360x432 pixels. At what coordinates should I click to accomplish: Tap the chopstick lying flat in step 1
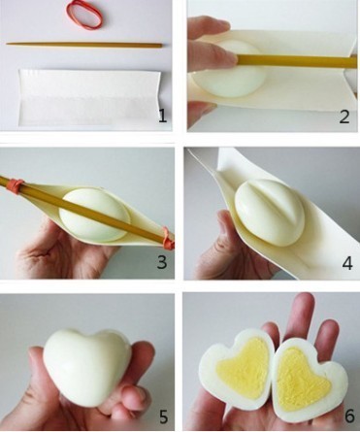click(x=84, y=45)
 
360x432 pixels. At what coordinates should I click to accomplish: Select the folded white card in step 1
click(x=89, y=97)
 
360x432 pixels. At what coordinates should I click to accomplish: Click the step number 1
click(x=163, y=116)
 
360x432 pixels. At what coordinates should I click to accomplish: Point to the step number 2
click(x=344, y=116)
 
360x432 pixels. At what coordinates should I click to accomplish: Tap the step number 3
click(x=162, y=262)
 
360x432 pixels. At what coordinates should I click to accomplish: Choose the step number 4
click(x=347, y=263)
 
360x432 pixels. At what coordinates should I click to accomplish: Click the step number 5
click(x=163, y=416)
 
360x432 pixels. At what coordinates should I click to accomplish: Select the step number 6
click(x=349, y=416)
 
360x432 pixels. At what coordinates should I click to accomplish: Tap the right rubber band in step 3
click(x=168, y=238)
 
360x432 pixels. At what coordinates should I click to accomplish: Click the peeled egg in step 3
click(x=94, y=216)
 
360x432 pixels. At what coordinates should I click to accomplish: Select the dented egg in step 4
click(x=269, y=212)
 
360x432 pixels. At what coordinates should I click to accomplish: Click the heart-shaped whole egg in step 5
click(x=86, y=366)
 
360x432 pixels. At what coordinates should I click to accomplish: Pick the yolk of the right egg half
click(x=301, y=373)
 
